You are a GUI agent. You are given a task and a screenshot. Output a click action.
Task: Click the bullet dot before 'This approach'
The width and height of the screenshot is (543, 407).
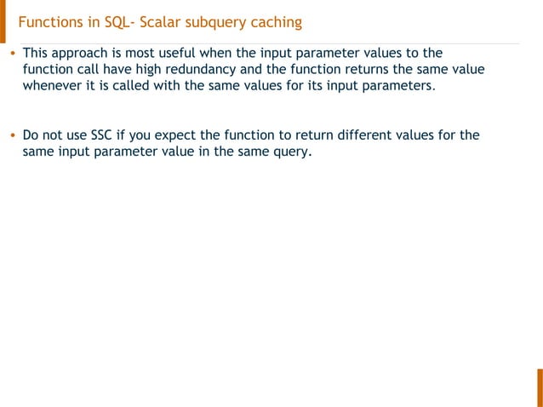(x=12, y=53)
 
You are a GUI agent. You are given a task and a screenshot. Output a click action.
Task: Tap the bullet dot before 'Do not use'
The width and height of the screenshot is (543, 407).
(x=12, y=135)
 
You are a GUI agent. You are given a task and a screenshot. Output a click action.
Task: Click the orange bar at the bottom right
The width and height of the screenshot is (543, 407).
(x=539, y=387)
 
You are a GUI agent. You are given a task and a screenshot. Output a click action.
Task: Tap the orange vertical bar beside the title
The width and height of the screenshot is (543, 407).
(x=3, y=21)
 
